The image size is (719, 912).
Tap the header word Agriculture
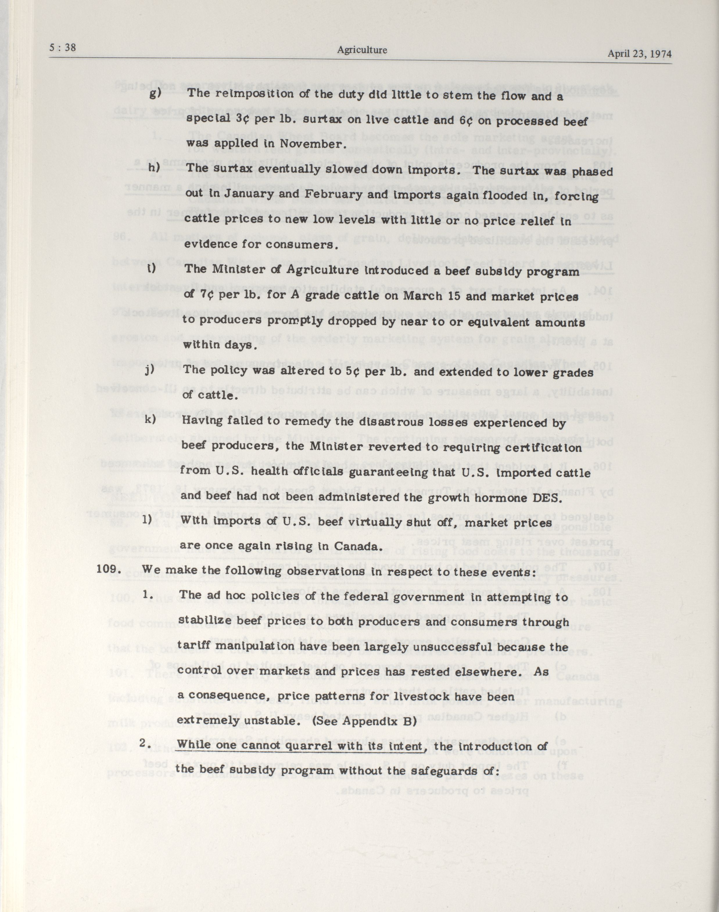pyautogui.click(x=362, y=51)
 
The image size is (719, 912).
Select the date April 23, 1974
pyautogui.click(x=639, y=54)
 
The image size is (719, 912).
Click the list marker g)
pyautogui.click(x=155, y=93)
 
